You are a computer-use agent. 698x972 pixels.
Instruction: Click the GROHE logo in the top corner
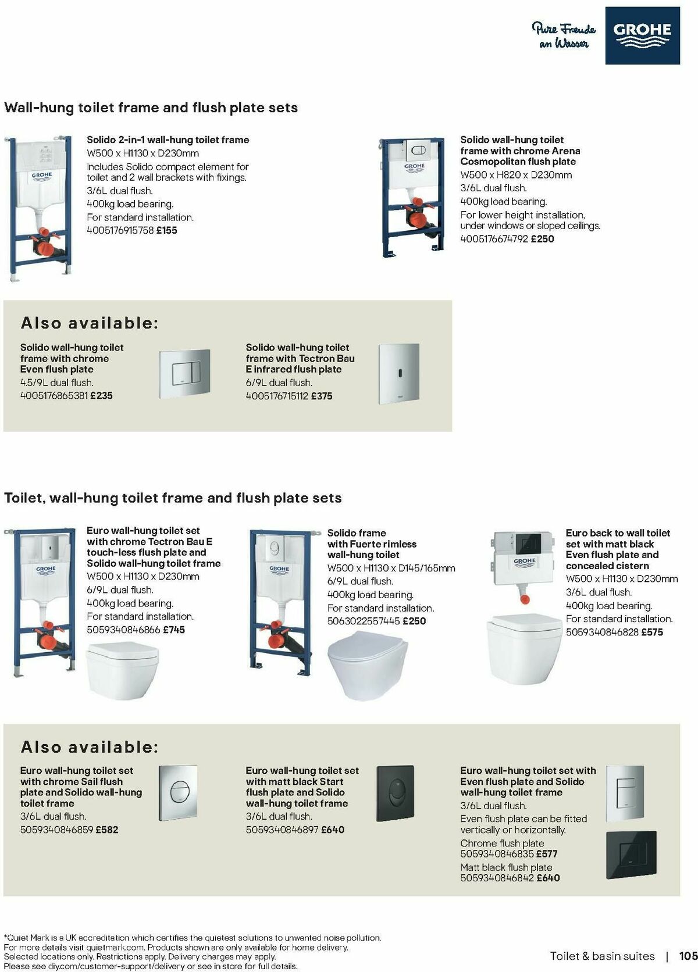pos(642,35)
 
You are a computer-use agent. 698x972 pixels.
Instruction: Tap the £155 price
pos(166,230)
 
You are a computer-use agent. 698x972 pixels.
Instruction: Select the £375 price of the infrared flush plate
pos(322,396)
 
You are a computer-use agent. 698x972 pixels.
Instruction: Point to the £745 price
pos(174,630)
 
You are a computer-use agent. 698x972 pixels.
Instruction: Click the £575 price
pos(651,632)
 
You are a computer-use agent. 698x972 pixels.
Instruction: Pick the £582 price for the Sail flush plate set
pos(107,830)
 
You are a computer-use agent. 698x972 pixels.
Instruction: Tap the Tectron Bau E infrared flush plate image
pos(399,373)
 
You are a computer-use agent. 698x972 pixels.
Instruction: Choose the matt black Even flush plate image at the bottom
pos(631,854)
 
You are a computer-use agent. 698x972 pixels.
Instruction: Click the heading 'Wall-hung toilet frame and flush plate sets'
pos(151,108)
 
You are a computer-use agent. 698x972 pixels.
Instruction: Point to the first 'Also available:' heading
pos(90,323)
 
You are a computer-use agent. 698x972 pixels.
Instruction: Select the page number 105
pos(688,956)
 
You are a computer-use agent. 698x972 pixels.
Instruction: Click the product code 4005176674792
pos(494,239)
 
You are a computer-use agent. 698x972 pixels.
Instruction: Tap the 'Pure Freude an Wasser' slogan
pos(564,35)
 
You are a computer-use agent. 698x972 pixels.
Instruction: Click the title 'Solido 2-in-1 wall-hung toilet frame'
pos(168,140)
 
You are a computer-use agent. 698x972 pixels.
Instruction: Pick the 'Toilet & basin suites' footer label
pos(602,956)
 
